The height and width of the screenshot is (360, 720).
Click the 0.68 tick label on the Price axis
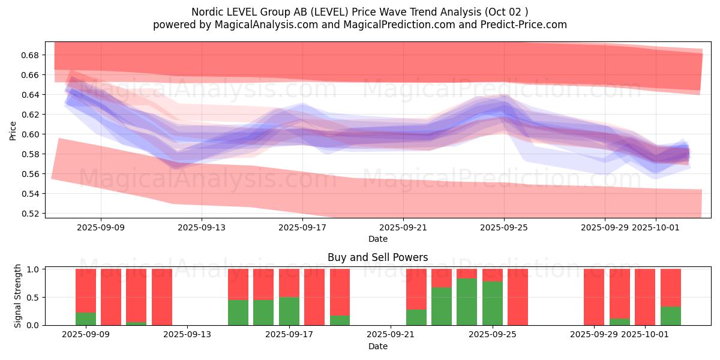pyautogui.click(x=31, y=55)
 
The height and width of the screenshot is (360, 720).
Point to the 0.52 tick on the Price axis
pyautogui.click(x=31, y=214)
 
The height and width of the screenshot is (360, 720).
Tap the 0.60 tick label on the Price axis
pyautogui.click(x=31, y=134)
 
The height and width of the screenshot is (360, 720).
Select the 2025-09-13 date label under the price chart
pyautogui.click(x=202, y=227)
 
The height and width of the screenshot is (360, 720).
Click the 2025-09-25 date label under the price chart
pyautogui.click(x=504, y=227)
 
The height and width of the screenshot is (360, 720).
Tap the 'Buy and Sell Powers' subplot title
pyautogui.click(x=377, y=257)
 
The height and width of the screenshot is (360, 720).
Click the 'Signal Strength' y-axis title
pyautogui.click(x=18, y=296)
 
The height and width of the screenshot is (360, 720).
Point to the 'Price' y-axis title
pyautogui.click(x=13, y=130)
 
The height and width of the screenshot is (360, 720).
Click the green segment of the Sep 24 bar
pyautogui.click(x=467, y=302)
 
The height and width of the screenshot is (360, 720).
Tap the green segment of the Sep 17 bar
pyautogui.click(x=289, y=311)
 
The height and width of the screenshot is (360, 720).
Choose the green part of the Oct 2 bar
pyautogui.click(x=671, y=316)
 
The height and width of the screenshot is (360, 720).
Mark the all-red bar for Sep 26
pyautogui.click(x=518, y=297)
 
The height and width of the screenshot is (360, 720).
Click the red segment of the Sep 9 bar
pyautogui.click(x=86, y=290)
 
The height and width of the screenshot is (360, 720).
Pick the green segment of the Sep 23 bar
pyautogui.click(x=442, y=306)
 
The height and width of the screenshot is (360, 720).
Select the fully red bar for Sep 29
pyautogui.click(x=594, y=297)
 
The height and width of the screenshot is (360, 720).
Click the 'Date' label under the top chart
pyautogui.click(x=377, y=239)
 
